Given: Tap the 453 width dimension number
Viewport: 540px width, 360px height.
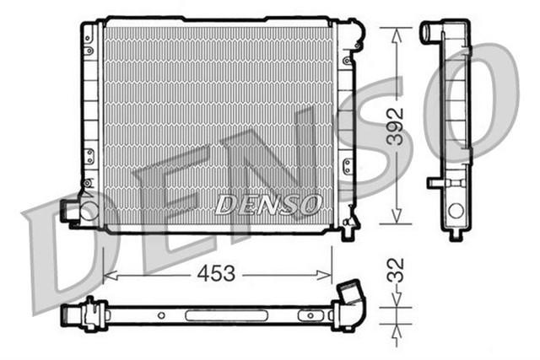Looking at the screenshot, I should coord(217,273).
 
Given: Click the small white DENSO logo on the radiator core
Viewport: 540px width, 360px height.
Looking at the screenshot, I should coord(267,203).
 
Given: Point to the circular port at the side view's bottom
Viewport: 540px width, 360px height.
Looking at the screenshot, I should coord(456,212).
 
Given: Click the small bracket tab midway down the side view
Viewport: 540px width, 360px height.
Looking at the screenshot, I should coord(436,181).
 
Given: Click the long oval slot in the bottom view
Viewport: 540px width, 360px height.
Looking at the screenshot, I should coord(215,315).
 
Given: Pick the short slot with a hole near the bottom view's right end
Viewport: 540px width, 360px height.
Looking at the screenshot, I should coord(310,315).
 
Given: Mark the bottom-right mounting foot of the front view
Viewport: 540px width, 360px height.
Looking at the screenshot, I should coord(347,230).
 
